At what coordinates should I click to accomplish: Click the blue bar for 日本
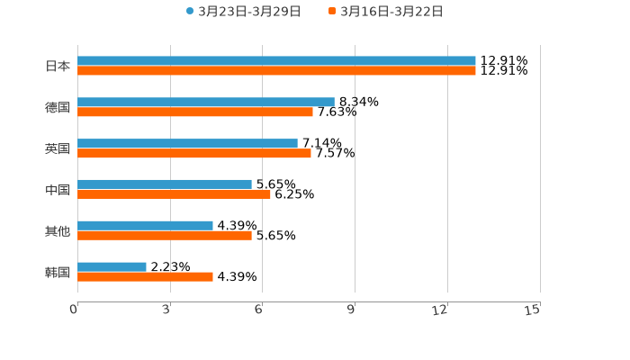click(x=276, y=61)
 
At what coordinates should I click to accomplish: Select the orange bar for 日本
click(x=276, y=70)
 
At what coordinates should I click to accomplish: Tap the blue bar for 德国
click(x=206, y=103)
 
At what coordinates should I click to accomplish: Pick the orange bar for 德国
click(x=195, y=112)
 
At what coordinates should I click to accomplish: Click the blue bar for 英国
click(x=187, y=143)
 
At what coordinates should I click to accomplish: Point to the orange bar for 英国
click(x=194, y=153)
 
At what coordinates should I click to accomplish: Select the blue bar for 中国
click(x=165, y=184)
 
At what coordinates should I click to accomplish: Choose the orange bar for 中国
click(x=174, y=194)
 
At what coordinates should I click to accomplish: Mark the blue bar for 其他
click(x=145, y=225)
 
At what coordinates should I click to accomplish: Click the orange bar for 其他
click(x=165, y=236)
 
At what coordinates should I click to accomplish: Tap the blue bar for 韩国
click(x=112, y=266)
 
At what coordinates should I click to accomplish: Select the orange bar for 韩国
click(x=145, y=276)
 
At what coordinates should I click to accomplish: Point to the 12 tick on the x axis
click(x=440, y=310)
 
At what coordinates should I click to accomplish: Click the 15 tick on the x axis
click(x=533, y=310)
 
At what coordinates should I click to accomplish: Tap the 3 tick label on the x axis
click(x=166, y=310)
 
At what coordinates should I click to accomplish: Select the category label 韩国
click(x=57, y=272)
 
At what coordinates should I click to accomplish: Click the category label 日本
click(x=57, y=66)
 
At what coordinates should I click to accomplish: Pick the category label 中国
click(x=57, y=190)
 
